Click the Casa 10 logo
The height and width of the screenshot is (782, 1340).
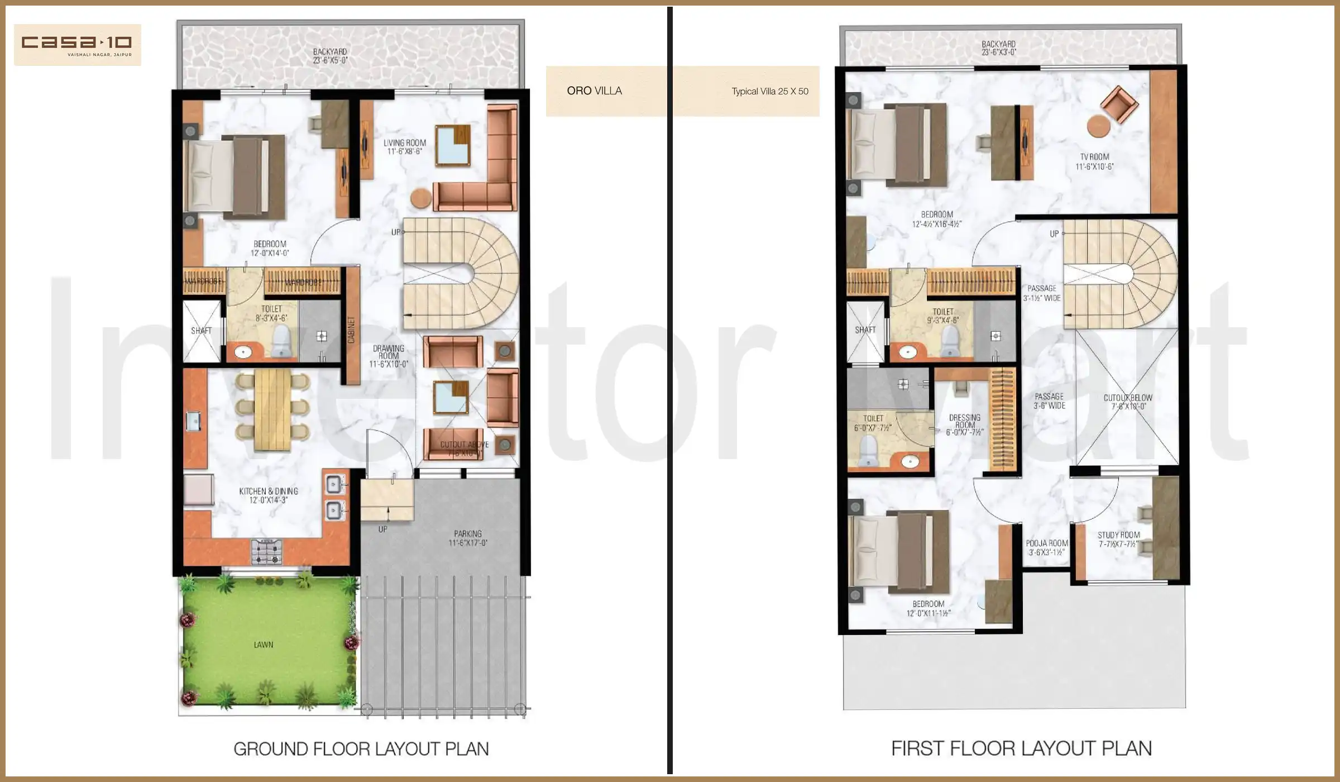(77, 44)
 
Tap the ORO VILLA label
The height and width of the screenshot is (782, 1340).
(594, 90)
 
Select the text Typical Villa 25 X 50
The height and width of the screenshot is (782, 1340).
(769, 91)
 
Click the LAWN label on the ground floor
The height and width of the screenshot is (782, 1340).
(264, 645)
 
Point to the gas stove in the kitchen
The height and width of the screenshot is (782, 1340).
(266, 551)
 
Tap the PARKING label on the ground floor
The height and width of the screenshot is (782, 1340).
(468, 538)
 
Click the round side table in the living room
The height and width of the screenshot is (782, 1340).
(420, 198)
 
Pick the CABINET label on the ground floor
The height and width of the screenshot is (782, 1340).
(351, 330)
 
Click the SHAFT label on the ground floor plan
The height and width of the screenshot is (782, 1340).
(201, 331)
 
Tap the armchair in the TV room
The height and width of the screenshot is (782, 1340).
(1119, 104)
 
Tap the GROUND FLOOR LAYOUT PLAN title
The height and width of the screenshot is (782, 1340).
(361, 749)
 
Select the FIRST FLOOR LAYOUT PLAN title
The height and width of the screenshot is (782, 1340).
(1021, 748)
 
